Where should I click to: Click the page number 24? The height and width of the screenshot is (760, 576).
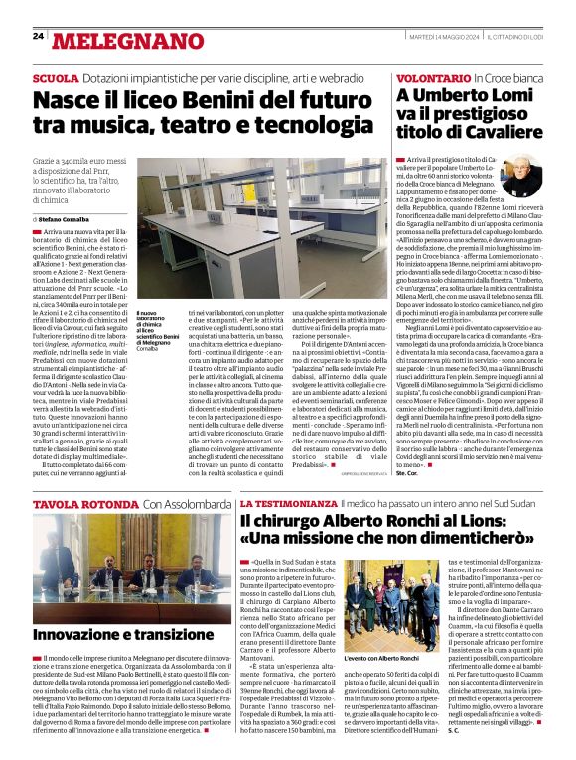pyautogui.click(x=38, y=36)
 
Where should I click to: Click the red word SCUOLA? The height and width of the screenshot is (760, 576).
pyautogui.click(x=56, y=77)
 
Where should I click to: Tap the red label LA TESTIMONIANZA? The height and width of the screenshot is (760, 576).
pyautogui.click(x=280, y=505)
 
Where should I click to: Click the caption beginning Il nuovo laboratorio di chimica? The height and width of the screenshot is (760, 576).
pyautogui.click(x=155, y=333)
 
